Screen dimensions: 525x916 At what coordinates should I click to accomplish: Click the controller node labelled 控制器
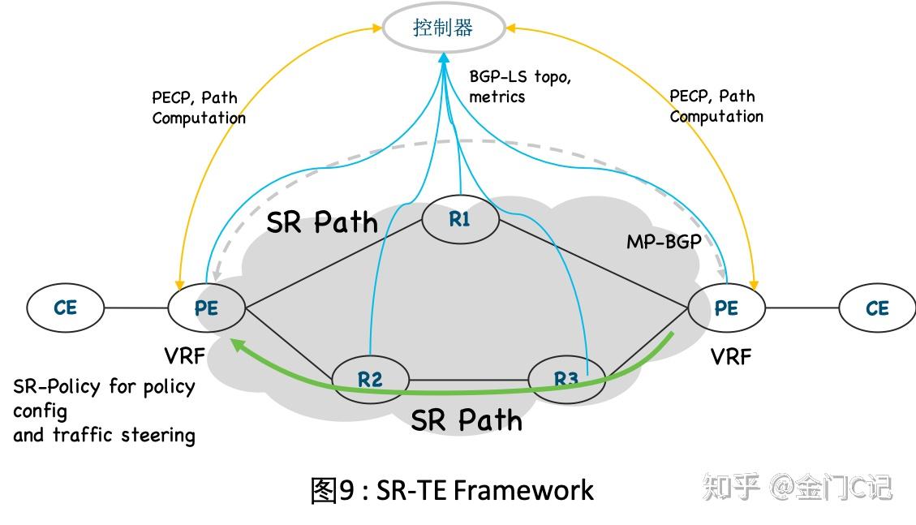443,29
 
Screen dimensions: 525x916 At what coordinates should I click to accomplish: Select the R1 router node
460,218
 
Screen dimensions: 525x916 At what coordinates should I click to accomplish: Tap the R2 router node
370,378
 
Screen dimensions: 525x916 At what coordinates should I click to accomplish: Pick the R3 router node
566,379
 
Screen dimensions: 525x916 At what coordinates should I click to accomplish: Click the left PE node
206,308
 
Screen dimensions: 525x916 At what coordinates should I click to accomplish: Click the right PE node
726,308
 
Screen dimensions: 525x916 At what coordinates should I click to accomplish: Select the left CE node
66,308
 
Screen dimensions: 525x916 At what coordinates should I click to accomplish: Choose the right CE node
877,308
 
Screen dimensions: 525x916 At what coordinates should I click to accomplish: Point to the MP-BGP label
663,242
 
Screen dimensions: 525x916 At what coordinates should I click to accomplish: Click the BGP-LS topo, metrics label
520,86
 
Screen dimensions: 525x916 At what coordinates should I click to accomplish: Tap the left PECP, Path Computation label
199,107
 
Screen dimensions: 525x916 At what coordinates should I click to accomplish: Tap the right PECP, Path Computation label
716,106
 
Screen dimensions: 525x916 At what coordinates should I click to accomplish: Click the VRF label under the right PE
731,355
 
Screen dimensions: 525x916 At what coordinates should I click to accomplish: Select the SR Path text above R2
322,222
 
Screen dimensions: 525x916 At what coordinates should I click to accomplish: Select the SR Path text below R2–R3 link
467,420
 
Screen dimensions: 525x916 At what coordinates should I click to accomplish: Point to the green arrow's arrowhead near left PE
236,345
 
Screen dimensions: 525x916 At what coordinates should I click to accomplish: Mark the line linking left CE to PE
136,308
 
